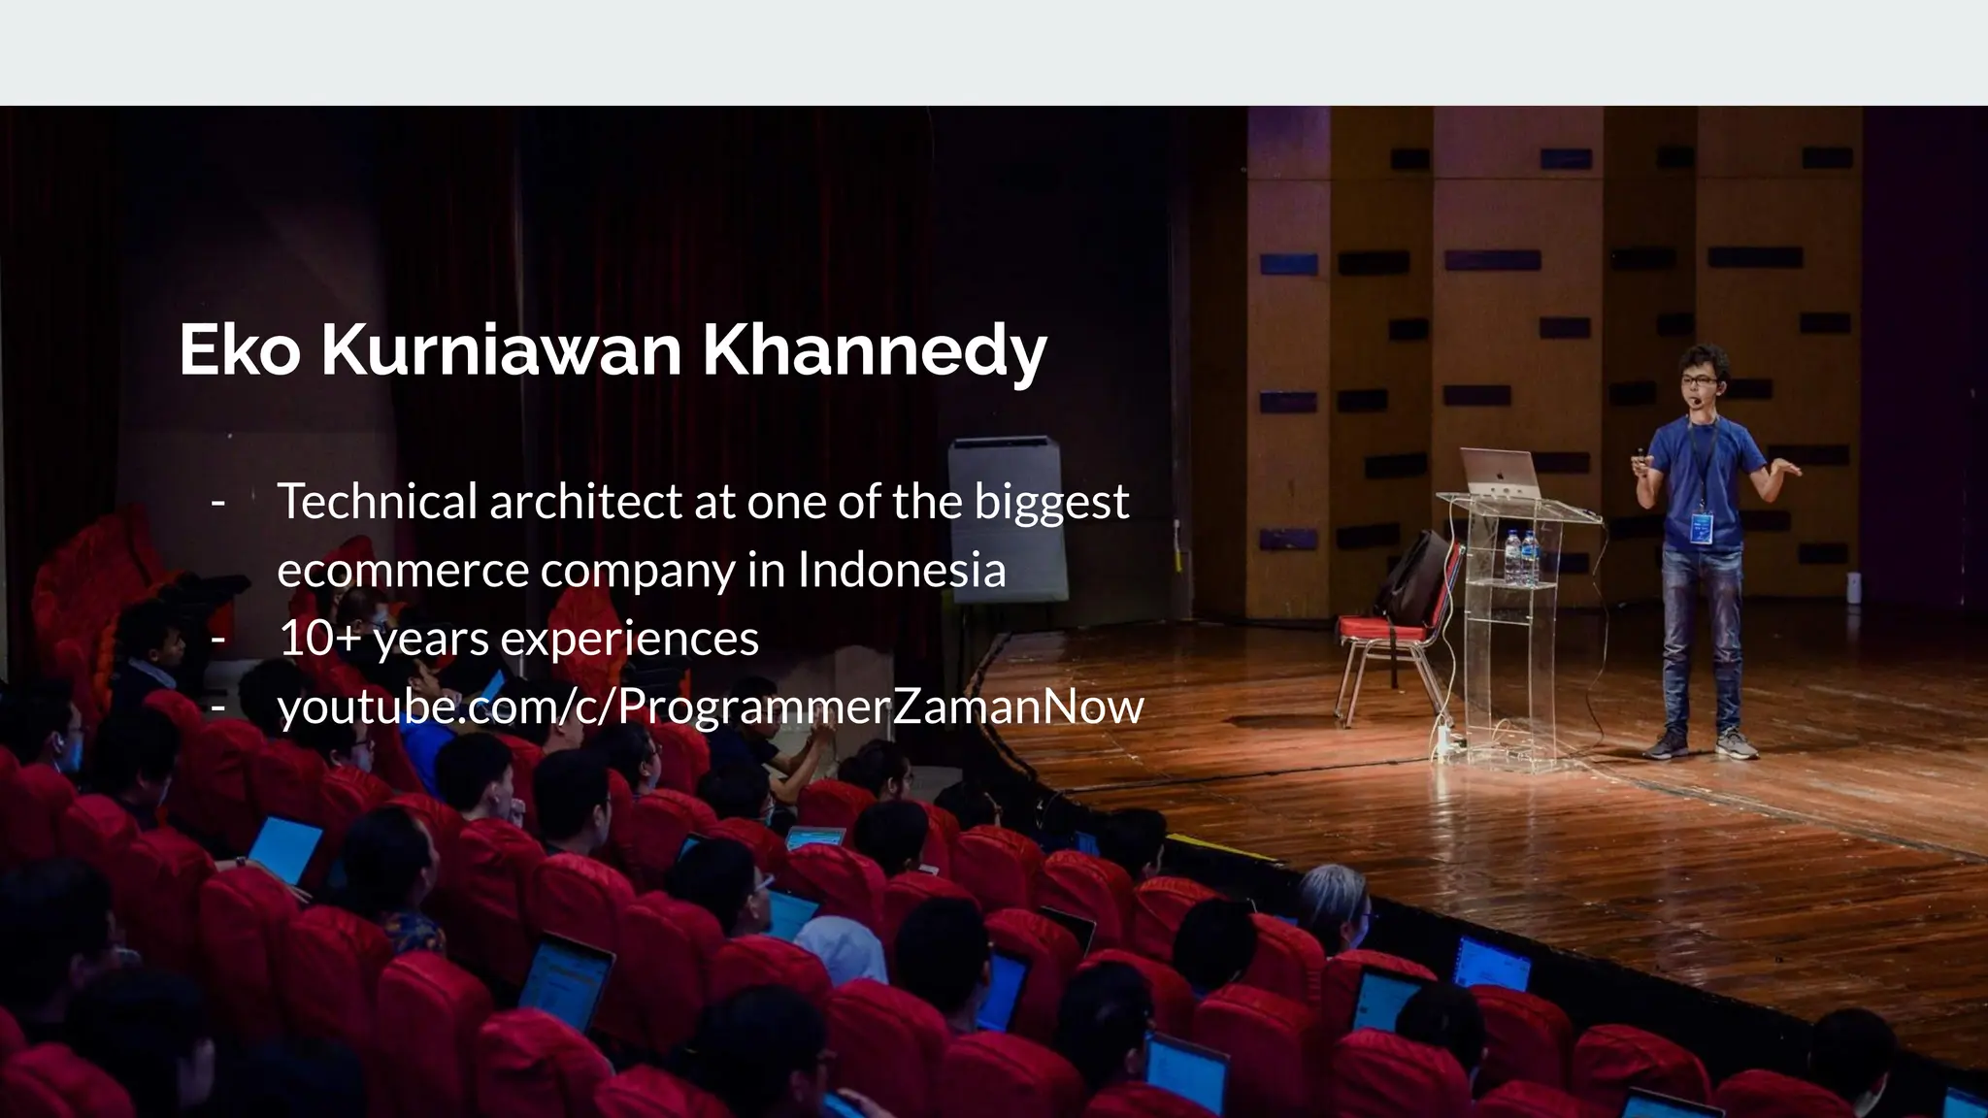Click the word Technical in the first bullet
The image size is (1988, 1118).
pyautogui.click(x=378, y=502)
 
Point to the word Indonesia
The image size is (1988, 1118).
pyautogui.click(x=901, y=570)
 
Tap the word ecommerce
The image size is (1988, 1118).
pyautogui.click(x=402, y=571)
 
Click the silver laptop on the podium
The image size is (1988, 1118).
pyautogui.click(x=1500, y=472)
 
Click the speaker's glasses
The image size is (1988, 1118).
pyautogui.click(x=1697, y=378)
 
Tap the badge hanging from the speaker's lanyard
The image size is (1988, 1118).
pyautogui.click(x=1702, y=527)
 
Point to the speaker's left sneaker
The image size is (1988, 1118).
pyautogui.click(x=1736, y=744)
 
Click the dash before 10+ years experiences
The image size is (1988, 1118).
pyautogui.click(x=218, y=639)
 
